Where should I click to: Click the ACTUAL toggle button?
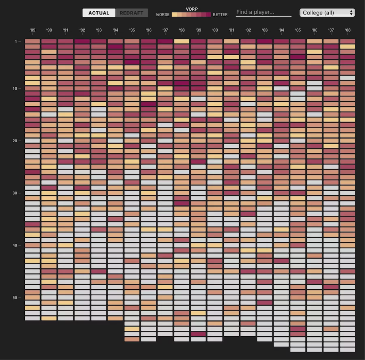click(x=99, y=13)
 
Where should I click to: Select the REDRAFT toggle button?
click(x=131, y=13)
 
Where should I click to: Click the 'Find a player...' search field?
click(x=263, y=12)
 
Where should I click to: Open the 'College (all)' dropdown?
click(x=327, y=13)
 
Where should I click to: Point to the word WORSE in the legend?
click(x=163, y=15)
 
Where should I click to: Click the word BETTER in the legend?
click(x=220, y=15)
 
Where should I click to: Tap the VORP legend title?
click(x=192, y=9)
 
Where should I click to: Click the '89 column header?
click(x=32, y=30)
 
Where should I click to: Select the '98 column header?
click(x=182, y=30)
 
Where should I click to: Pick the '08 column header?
click(x=348, y=30)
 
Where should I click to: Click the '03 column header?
click(x=265, y=30)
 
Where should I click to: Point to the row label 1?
click(x=16, y=42)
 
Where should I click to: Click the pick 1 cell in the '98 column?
click(x=182, y=41)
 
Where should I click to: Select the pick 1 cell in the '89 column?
click(x=32, y=41)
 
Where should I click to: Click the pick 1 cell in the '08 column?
click(x=348, y=41)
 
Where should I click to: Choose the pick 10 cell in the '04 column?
click(x=281, y=88)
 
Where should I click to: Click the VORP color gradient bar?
click(x=191, y=15)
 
